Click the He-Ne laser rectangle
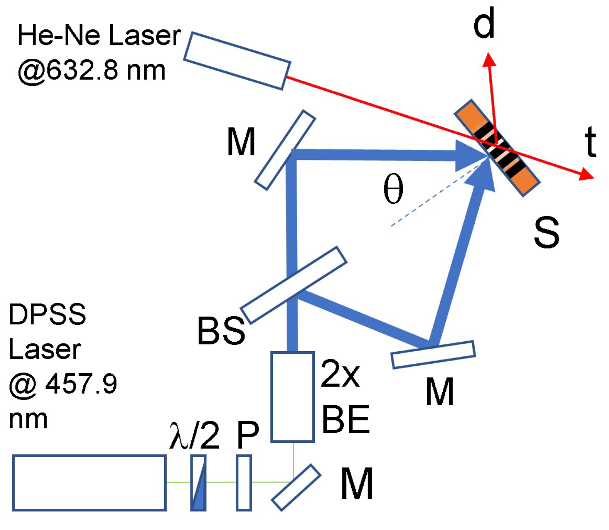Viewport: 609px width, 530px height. (x=237, y=60)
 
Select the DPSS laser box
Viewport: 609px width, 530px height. (x=89, y=482)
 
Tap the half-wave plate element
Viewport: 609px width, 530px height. (x=198, y=483)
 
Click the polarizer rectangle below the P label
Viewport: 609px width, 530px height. (x=244, y=482)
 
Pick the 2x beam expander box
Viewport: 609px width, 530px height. (x=292, y=397)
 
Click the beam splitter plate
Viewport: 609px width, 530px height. (x=294, y=285)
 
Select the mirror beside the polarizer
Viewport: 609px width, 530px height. (x=296, y=487)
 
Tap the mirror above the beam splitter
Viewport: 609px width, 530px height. (x=285, y=150)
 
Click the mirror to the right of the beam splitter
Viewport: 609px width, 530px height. (x=433, y=355)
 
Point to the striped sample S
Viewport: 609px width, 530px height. (x=497, y=148)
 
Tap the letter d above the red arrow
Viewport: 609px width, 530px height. (x=484, y=25)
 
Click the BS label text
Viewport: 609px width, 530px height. (x=221, y=331)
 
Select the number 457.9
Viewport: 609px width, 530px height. (x=81, y=384)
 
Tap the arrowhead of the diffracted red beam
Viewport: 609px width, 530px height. (x=489, y=59)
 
